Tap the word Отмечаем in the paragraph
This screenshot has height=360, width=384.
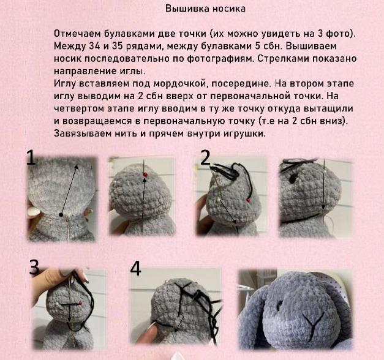(x=77, y=34)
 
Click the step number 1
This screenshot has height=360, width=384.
(x=31, y=158)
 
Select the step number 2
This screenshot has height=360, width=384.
(x=205, y=157)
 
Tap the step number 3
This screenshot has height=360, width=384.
(x=34, y=267)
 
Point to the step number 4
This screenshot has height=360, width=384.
(x=135, y=269)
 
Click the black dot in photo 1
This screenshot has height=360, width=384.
(x=61, y=215)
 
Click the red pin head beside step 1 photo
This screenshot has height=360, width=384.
(x=145, y=174)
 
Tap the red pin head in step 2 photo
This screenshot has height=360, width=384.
(x=248, y=200)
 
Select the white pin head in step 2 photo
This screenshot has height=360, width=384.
(x=217, y=200)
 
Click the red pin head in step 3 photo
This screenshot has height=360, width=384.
(x=80, y=304)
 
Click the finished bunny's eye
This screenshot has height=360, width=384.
(x=279, y=305)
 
